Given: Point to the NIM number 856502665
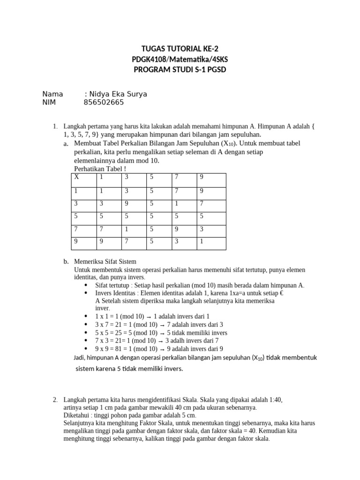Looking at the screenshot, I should tap(104, 103).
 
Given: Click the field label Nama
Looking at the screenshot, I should tap(52, 94).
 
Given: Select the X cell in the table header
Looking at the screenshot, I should tap(77, 177).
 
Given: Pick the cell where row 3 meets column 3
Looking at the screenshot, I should tap(127, 204).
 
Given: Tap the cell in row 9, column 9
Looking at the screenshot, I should tap(202, 242).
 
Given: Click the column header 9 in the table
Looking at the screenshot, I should tap(202, 177).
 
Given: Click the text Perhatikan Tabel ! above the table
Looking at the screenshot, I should tap(100, 169).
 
